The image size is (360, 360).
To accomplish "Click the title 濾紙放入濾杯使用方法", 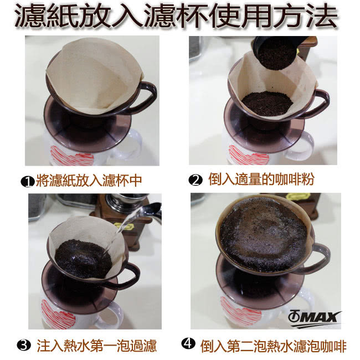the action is [176, 16].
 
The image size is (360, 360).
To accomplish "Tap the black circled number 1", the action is [27, 182].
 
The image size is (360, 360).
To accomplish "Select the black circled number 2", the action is [196, 180].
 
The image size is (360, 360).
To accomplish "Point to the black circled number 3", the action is [24, 345].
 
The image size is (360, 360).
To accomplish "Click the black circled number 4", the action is [188, 343].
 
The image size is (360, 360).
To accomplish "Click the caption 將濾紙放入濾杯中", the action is [89, 181].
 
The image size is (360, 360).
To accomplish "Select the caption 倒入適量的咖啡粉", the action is [261, 179].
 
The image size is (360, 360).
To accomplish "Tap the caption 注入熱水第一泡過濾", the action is [97, 346].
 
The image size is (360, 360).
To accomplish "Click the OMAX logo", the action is [315, 318].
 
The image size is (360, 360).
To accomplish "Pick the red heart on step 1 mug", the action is [72, 156].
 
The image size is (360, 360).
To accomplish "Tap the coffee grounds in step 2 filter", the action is [268, 104].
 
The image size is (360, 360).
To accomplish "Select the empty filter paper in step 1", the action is [94, 76].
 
